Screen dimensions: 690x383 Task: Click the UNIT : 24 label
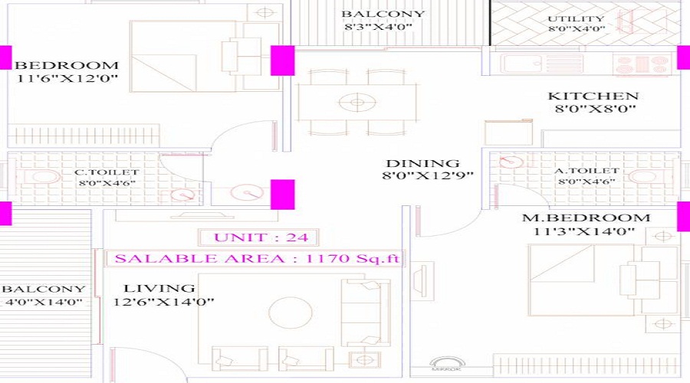tap(261, 237)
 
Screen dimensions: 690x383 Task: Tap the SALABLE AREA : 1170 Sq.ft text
tap(257, 258)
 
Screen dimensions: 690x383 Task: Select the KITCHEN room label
tap(593, 96)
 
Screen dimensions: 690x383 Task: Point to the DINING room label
tap(423, 163)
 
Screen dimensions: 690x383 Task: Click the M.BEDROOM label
tap(586, 218)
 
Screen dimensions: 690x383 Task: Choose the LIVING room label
tap(159, 289)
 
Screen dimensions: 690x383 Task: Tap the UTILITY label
tap(576, 19)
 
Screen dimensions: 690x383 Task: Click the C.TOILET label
tap(107, 172)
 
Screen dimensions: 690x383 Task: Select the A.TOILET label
tap(587, 171)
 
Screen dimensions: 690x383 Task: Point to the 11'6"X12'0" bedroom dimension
tap(67, 79)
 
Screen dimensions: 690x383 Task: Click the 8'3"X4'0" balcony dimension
tap(378, 27)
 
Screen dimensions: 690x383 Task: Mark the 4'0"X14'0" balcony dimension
tap(44, 303)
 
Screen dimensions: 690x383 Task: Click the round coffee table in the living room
tap(291, 313)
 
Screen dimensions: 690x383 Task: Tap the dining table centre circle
tap(357, 103)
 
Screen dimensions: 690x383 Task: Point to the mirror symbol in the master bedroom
tap(447, 364)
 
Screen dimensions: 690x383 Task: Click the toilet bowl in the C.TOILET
tap(43, 178)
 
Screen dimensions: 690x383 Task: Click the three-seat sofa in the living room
tap(366, 313)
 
